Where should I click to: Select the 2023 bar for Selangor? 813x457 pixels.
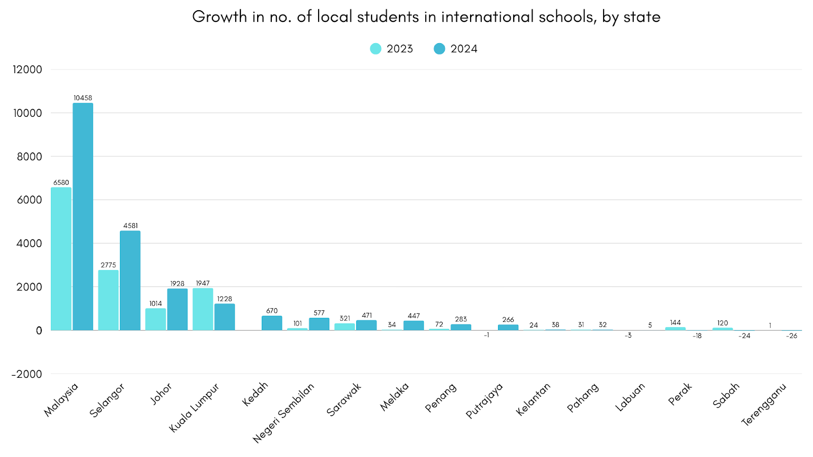[x=108, y=300]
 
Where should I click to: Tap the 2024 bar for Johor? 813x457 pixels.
[x=177, y=309]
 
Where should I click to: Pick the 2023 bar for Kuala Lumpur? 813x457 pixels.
[x=203, y=309]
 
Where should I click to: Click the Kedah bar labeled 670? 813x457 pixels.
[x=272, y=323]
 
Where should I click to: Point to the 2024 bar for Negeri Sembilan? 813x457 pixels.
[x=319, y=324]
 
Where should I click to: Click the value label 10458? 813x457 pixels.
[x=83, y=98]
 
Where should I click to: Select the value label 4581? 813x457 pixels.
[x=131, y=226]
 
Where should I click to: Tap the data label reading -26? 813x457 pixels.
[x=792, y=336]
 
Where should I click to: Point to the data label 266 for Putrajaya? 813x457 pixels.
[x=508, y=320]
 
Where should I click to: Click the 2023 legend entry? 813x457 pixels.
[x=392, y=49]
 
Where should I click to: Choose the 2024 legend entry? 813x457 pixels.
[x=456, y=49]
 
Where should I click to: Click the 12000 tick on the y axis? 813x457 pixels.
[x=27, y=70]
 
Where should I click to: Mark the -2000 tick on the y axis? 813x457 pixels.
[x=27, y=374]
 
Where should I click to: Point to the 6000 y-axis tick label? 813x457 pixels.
[x=29, y=200]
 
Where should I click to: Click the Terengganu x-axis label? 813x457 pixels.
[x=764, y=404]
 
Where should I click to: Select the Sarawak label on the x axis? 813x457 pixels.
[x=344, y=399]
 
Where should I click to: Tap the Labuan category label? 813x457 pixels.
[x=630, y=397]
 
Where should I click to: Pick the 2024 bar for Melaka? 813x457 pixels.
[x=414, y=325]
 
